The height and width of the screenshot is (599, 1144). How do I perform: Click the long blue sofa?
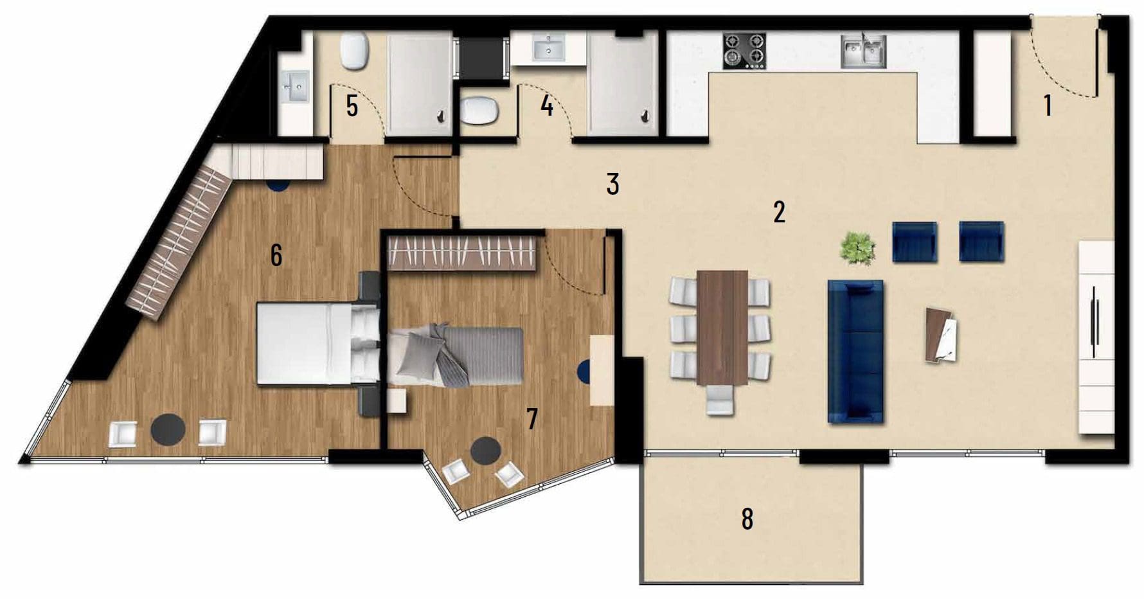[x=855, y=351]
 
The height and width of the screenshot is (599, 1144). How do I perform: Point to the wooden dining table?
[x=722, y=327]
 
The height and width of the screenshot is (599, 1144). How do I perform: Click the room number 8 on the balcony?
[x=747, y=519]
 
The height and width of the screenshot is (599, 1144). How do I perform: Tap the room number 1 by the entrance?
[x=1048, y=105]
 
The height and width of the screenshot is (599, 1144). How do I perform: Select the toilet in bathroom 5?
[x=353, y=51]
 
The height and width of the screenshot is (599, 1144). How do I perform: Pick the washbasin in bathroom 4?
[x=548, y=47]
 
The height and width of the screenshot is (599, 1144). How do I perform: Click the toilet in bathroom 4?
[x=479, y=111]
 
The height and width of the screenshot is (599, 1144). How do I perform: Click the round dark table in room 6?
[x=168, y=429]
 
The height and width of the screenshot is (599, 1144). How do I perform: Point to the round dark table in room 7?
[x=486, y=451]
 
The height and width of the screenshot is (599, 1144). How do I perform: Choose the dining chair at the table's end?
[x=719, y=400]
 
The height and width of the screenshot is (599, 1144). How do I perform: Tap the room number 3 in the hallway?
[x=612, y=184]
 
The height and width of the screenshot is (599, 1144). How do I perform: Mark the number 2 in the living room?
[x=779, y=211]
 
